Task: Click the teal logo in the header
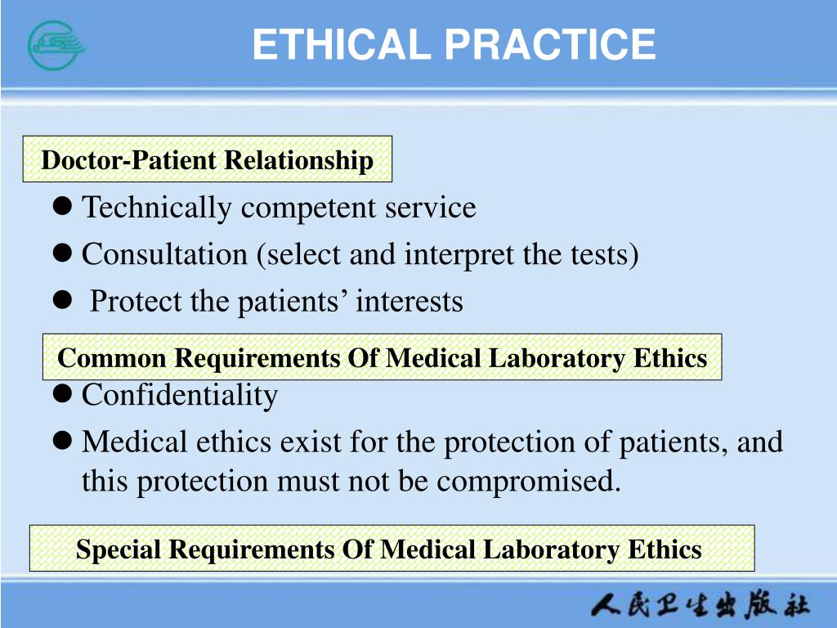coord(56,44)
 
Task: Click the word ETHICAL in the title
coord(341,44)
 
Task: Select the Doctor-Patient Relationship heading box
coord(208,159)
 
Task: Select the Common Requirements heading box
coord(382,357)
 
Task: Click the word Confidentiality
coord(180,395)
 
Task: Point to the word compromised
coord(528,482)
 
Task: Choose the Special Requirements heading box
coord(392,549)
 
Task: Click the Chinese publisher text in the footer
coord(700,607)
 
